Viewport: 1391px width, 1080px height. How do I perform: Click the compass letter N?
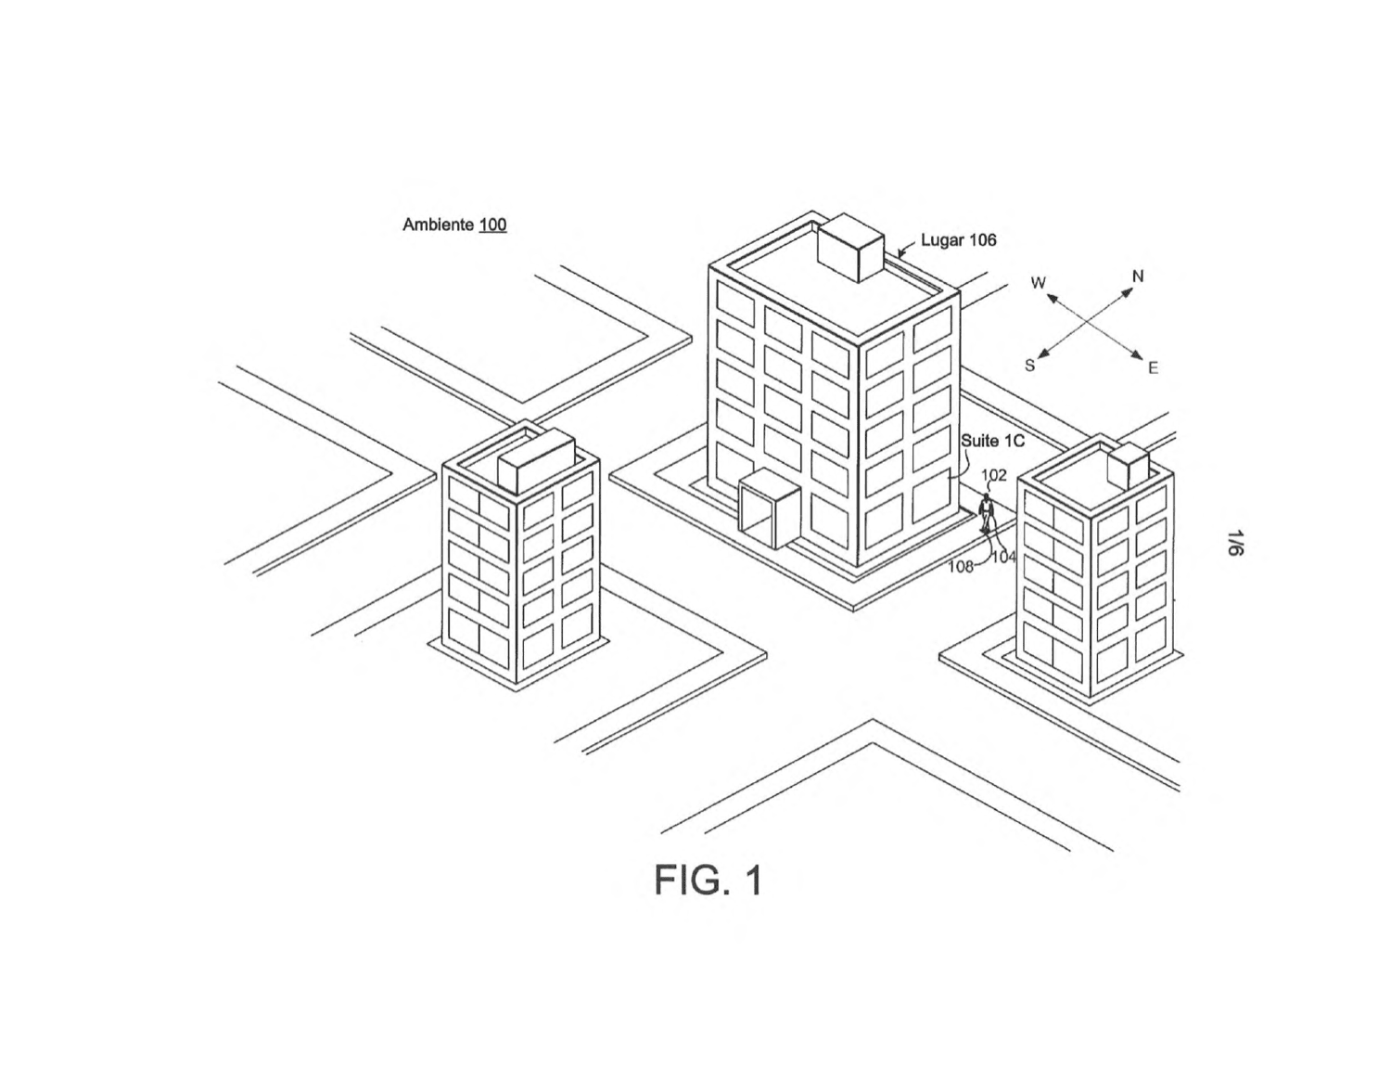(1138, 276)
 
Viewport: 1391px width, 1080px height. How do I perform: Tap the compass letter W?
(1039, 282)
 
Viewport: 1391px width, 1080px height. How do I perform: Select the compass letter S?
(1029, 365)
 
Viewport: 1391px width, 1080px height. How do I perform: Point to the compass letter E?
(1153, 368)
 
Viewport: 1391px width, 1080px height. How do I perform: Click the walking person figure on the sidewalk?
(987, 513)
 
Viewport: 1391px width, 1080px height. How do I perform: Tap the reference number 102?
(993, 475)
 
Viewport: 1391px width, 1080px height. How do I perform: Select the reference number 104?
(1003, 557)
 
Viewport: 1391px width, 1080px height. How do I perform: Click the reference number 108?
(960, 567)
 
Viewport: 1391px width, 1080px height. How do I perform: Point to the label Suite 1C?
(993, 441)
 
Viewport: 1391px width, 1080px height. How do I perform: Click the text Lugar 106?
(958, 240)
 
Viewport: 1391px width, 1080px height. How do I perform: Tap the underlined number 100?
(492, 225)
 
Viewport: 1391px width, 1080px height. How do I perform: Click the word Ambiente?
(438, 225)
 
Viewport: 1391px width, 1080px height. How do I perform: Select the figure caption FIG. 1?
(708, 881)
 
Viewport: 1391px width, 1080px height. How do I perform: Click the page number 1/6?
(1235, 542)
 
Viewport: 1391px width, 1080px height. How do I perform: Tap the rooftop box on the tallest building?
(851, 247)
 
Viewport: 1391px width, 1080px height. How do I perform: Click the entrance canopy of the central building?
(770, 508)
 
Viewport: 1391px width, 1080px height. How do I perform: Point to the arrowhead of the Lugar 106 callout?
(901, 254)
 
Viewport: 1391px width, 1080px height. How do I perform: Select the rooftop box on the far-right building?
(1129, 466)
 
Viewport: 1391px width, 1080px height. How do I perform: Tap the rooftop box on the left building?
(536, 462)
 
